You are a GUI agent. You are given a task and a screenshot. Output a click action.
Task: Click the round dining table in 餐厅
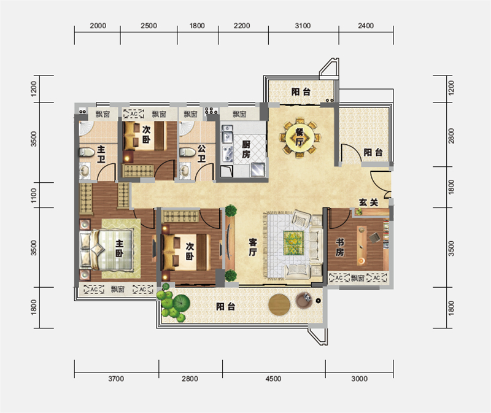point(300,138)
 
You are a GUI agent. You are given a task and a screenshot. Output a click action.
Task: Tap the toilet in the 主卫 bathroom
point(87,152)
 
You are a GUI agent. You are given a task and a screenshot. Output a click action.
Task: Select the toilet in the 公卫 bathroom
point(187,152)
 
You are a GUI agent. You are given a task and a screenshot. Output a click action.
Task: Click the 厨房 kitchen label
point(246,149)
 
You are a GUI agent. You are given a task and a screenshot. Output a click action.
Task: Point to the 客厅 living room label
point(253,247)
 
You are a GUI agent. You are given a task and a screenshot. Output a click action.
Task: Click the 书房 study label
point(340,247)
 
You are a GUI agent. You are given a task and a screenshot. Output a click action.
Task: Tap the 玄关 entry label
point(369,203)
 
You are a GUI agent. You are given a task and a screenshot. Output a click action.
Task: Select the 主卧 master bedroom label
point(119,249)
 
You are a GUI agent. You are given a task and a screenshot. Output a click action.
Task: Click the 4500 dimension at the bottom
point(273,379)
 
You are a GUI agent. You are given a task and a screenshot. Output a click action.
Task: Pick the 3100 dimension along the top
point(303,26)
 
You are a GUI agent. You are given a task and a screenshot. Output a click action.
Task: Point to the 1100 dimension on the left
point(34,195)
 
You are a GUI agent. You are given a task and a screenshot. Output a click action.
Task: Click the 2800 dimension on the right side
point(451,136)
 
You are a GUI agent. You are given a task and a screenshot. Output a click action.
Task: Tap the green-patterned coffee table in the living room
point(293,243)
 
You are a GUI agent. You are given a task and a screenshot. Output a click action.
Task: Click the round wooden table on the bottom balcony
point(279,304)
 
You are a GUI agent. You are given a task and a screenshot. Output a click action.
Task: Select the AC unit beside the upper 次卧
point(134,114)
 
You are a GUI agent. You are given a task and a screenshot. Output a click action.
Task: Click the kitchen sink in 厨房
point(227,133)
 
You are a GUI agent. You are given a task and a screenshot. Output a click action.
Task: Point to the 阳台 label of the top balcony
point(301,91)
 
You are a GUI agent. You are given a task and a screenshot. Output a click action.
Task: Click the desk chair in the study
point(375,237)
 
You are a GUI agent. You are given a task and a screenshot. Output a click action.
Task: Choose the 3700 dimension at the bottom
point(116,379)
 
